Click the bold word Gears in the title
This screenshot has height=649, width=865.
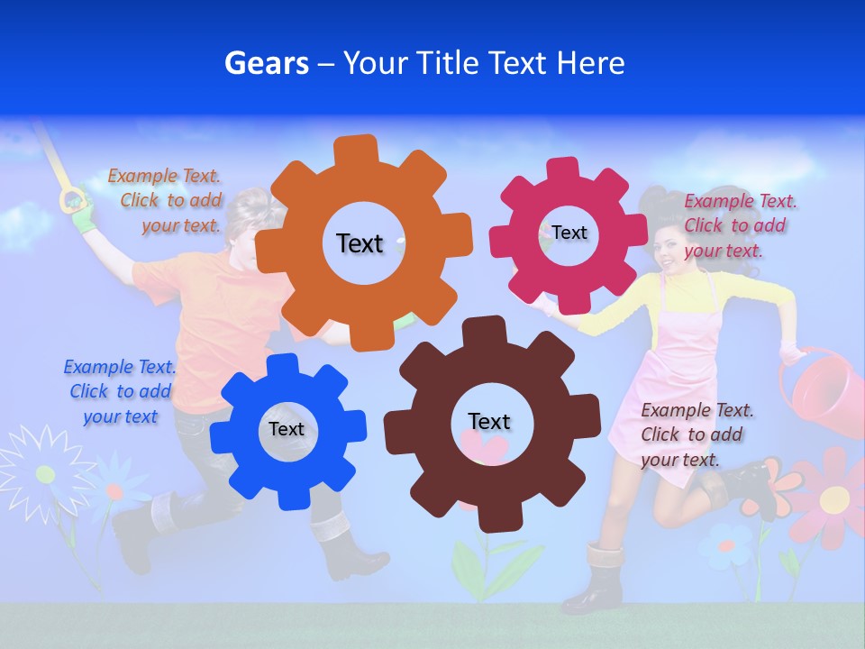click(x=267, y=63)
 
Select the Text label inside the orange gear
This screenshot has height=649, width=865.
click(x=360, y=243)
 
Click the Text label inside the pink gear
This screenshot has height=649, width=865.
click(x=569, y=233)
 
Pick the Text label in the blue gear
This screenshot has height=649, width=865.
click(x=287, y=429)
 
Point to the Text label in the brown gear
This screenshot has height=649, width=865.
click(x=489, y=421)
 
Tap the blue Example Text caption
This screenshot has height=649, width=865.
click(x=120, y=391)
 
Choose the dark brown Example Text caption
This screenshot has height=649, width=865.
click(x=697, y=434)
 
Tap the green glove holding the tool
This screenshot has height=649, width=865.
click(x=83, y=215)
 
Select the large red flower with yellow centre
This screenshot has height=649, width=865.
click(x=834, y=496)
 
